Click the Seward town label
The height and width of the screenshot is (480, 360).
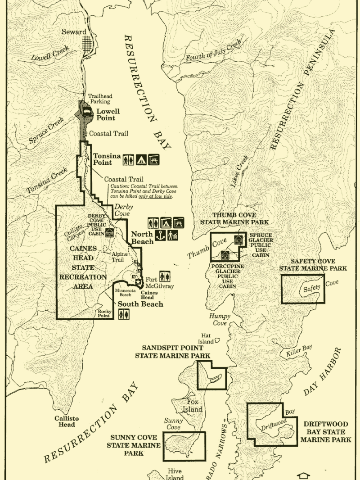coord(74,32)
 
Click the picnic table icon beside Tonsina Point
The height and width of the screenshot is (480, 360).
coord(154,159)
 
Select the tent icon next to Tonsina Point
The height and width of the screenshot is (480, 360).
coord(141,159)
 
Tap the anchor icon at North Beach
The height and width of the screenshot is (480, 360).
coord(160,235)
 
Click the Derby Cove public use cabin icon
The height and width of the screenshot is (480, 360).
coord(109,232)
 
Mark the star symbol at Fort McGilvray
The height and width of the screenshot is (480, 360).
coord(138,282)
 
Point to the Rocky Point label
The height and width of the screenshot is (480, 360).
coord(104,313)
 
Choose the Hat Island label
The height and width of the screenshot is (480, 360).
coord(206,338)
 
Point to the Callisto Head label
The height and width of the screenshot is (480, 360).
coord(67,421)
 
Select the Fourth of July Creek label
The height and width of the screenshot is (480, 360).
coord(213,50)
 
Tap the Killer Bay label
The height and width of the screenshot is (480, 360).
coord(299,351)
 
